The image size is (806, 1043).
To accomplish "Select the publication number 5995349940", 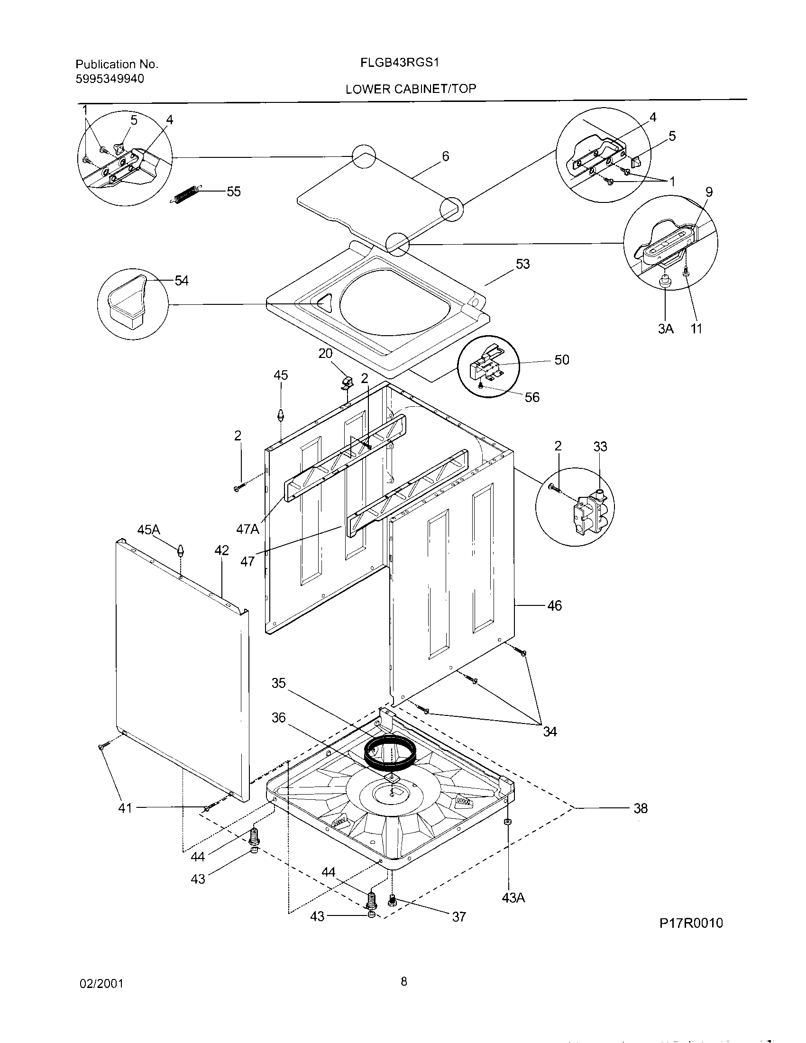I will [x=110, y=79].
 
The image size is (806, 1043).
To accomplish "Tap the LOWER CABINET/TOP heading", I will [x=411, y=89].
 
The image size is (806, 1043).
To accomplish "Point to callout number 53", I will [x=523, y=264].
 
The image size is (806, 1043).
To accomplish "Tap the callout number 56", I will [x=532, y=397].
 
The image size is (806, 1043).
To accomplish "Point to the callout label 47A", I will [x=248, y=529].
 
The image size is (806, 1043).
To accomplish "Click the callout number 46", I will [x=554, y=605].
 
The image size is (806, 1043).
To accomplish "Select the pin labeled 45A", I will [x=181, y=550].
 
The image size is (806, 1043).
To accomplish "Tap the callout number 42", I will [x=221, y=550].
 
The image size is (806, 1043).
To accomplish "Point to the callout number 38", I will [x=641, y=808].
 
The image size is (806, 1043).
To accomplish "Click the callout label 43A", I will [x=513, y=898].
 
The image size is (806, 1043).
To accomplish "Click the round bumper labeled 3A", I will [x=664, y=283].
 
